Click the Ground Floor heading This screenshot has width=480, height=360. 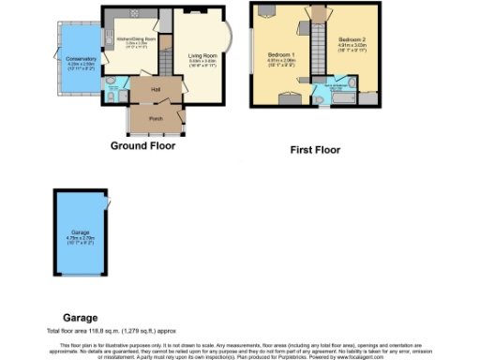point(142,146)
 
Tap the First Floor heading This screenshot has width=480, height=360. point(314,150)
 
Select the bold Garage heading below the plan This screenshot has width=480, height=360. point(80,318)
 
